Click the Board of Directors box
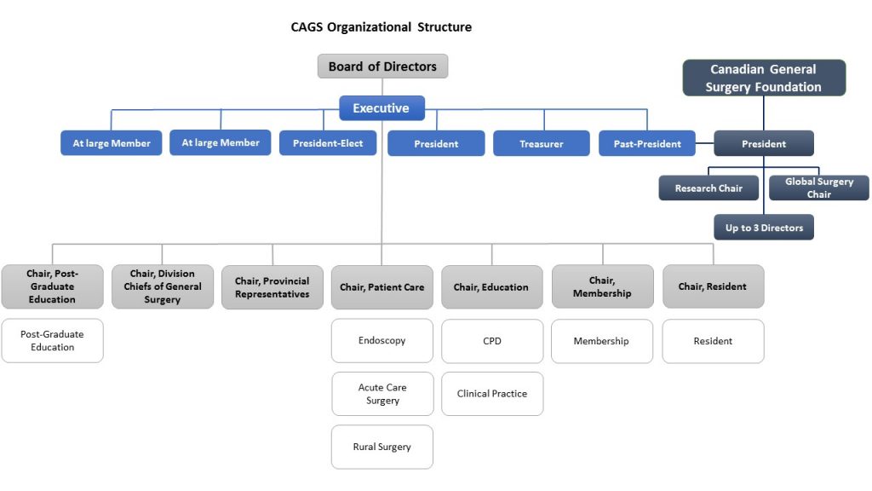[x=382, y=66]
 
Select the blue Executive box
[x=381, y=108]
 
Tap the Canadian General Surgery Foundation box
[x=763, y=78]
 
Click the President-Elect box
[x=328, y=143]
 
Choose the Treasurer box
[x=541, y=144]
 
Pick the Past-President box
[x=647, y=144]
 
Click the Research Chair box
[x=708, y=188]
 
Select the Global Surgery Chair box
[x=818, y=188]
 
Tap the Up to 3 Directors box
[x=764, y=228]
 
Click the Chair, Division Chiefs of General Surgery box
[x=163, y=286]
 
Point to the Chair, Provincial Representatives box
[x=272, y=287]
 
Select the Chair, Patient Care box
[x=381, y=287]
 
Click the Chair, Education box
[x=491, y=287]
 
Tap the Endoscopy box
[x=381, y=341]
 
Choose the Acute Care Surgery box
[x=382, y=394]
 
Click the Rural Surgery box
[x=381, y=447]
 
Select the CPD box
[x=492, y=341]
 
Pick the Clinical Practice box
[x=492, y=394]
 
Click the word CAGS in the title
[x=308, y=27]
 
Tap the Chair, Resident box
[x=713, y=287]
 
